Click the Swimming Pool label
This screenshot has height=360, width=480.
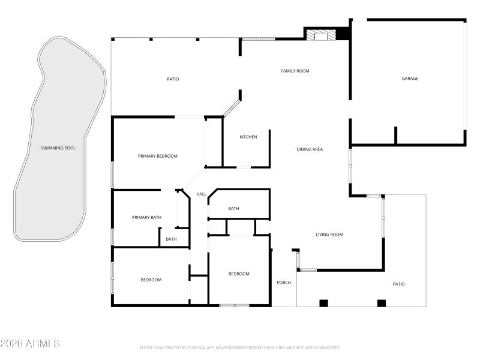coord(58,148)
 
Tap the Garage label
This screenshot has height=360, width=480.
coord(410,78)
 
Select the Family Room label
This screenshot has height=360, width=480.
coord(295,71)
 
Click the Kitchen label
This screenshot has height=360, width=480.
coord(248,137)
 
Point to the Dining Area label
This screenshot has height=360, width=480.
coord(310,149)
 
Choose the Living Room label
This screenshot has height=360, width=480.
coord(329,235)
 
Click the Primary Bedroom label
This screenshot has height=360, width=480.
coord(158,156)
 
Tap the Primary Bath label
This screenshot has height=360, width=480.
coord(147,217)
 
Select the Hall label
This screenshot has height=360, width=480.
coord(202,194)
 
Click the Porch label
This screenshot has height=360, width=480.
coord(284,283)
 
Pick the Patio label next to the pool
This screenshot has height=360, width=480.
coord(173,79)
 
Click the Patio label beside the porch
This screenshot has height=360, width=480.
coord(398,284)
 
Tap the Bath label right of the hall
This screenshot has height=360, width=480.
coord(233,208)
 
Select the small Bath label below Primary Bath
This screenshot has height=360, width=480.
coord(171,239)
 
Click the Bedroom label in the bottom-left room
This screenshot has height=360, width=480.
coord(151,280)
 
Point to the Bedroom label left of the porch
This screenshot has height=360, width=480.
coord(239,274)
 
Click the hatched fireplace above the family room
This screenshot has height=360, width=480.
coord(320,36)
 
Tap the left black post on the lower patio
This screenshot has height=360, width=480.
coord(324,303)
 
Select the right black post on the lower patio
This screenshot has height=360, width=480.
coord(381,303)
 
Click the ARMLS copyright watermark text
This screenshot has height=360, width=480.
coord(30,344)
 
